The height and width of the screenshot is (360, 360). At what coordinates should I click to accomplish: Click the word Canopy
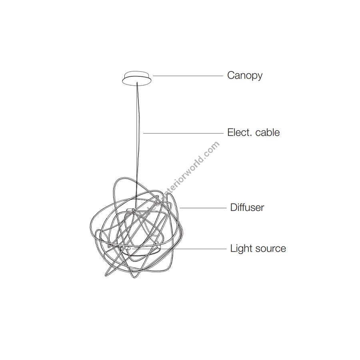coord(245,75)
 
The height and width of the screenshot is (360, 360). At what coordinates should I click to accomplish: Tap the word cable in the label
coord(267,132)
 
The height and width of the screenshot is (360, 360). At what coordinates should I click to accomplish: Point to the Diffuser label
coord(247,208)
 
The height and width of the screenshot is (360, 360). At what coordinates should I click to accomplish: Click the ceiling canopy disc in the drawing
coord(137,78)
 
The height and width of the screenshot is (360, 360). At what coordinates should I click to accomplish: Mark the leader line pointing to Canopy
coord(188,75)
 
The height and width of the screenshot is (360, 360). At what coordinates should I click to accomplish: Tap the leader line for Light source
coord(196,248)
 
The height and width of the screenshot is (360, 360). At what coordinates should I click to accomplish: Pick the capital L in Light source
coord(232,248)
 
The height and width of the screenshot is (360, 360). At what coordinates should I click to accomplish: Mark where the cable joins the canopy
coord(137,83)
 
